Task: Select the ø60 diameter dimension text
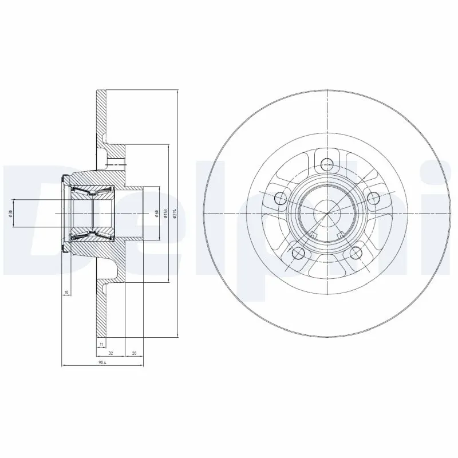[x=156, y=213]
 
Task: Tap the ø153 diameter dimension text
[x=165, y=213]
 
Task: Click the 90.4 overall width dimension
[x=102, y=362]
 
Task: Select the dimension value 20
[x=134, y=353]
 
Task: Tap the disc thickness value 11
[x=101, y=343]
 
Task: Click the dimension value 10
[x=66, y=293]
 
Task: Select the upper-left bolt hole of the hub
[x=280, y=198]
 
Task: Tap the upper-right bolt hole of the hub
[x=374, y=198]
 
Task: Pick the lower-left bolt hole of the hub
[x=298, y=252]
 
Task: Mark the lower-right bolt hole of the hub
[x=356, y=252]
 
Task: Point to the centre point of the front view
[x=327, y=214]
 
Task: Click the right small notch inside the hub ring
[x=341, y=234]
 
